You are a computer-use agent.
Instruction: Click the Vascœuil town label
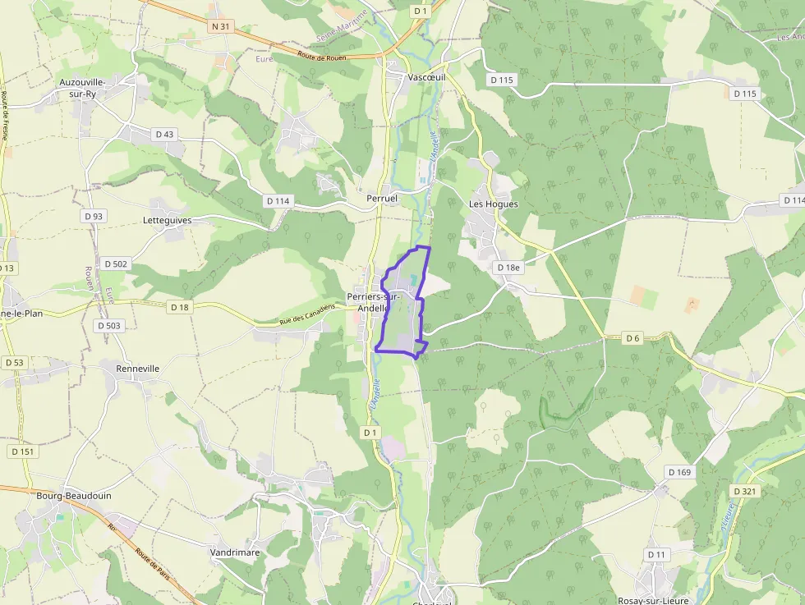point(426,76)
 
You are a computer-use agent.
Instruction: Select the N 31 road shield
point(221,26)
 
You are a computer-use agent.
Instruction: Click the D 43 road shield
point(164,134)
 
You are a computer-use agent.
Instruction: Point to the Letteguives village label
point(167,221)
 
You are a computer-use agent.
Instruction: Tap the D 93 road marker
point(94,216)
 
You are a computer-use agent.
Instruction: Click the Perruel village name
point(382,199)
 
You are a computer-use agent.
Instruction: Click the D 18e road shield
point(508,268)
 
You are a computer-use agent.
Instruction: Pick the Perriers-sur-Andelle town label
point(367,302)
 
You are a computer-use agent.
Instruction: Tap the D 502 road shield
point(116,264)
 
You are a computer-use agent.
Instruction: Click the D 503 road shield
point(108,326)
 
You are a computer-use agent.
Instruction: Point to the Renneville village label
point(137,369)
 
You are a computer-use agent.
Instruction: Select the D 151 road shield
point(23,451)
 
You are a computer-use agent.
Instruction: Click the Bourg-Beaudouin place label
point(74,496)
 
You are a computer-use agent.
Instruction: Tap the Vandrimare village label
point(234,552)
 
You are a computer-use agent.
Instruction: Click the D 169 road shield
point(679,472)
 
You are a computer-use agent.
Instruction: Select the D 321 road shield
point(743,491)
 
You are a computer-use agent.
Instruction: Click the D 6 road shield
point(632,337)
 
